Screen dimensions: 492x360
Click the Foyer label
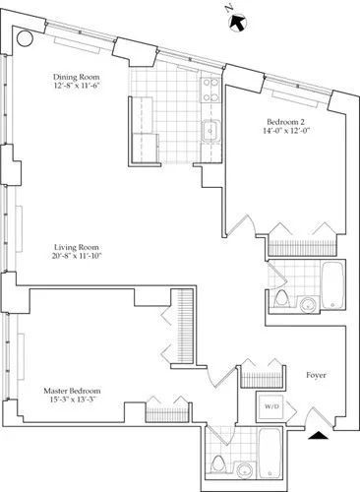coord(316,375)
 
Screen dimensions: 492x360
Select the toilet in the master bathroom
coord(216,462)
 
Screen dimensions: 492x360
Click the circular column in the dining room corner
coord(25,39)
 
